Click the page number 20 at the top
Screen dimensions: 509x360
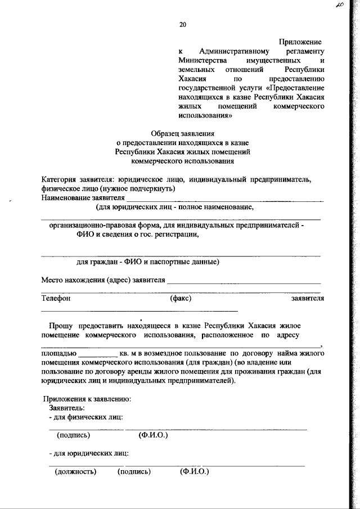182,24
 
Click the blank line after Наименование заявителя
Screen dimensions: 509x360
224,200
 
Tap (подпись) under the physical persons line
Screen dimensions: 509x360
74,435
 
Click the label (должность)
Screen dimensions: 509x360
75,471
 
